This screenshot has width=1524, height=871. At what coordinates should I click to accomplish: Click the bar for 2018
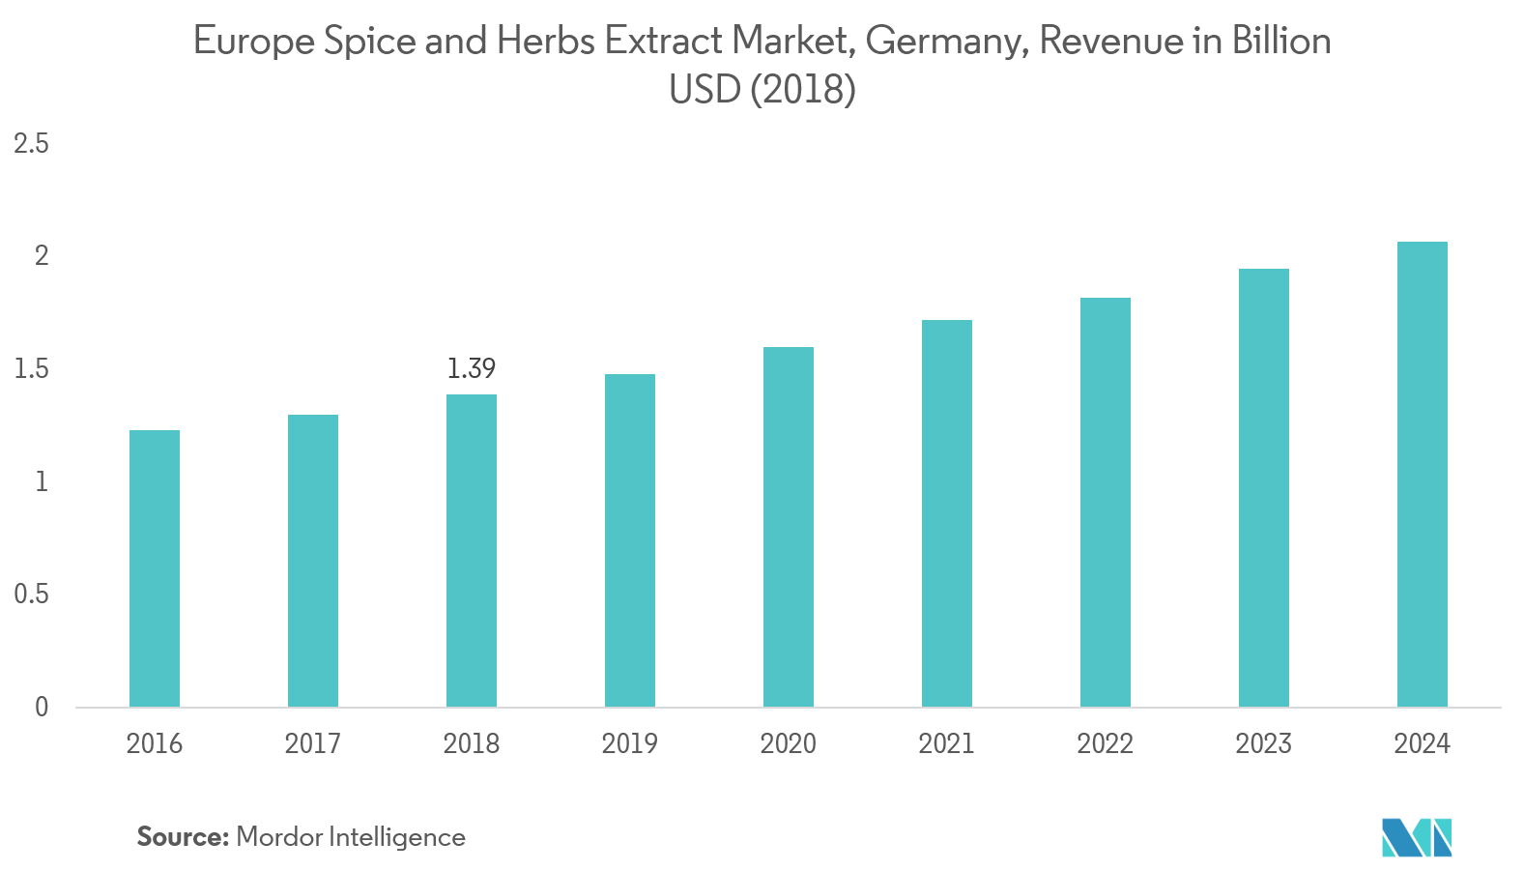(472, 550)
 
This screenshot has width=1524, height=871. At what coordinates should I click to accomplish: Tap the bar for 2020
(789, 527)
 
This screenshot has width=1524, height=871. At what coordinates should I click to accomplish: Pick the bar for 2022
(1106, 502)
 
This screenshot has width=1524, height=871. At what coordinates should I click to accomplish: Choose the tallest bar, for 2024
(1423, 474)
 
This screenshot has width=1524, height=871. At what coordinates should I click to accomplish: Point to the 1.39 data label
(472, 368)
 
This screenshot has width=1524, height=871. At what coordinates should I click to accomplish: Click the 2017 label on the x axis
(313, 743)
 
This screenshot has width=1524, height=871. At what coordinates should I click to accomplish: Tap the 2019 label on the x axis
(630, 743)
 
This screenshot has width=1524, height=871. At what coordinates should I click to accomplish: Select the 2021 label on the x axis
(947, 743)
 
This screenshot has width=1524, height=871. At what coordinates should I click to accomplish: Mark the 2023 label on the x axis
(1264, 743)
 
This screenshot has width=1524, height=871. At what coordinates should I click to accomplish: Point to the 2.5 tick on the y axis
(31, 144)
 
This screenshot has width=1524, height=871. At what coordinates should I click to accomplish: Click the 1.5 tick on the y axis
(31, 369)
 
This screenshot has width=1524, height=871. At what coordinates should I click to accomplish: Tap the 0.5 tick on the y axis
(31, 595)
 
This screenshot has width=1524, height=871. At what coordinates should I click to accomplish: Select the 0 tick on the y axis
(42, 708)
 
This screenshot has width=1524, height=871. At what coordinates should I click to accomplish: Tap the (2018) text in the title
(803, 90)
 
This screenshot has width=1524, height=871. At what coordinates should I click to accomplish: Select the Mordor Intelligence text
(351, 836)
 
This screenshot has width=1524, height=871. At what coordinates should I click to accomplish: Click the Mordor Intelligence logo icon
(1417, 837)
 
